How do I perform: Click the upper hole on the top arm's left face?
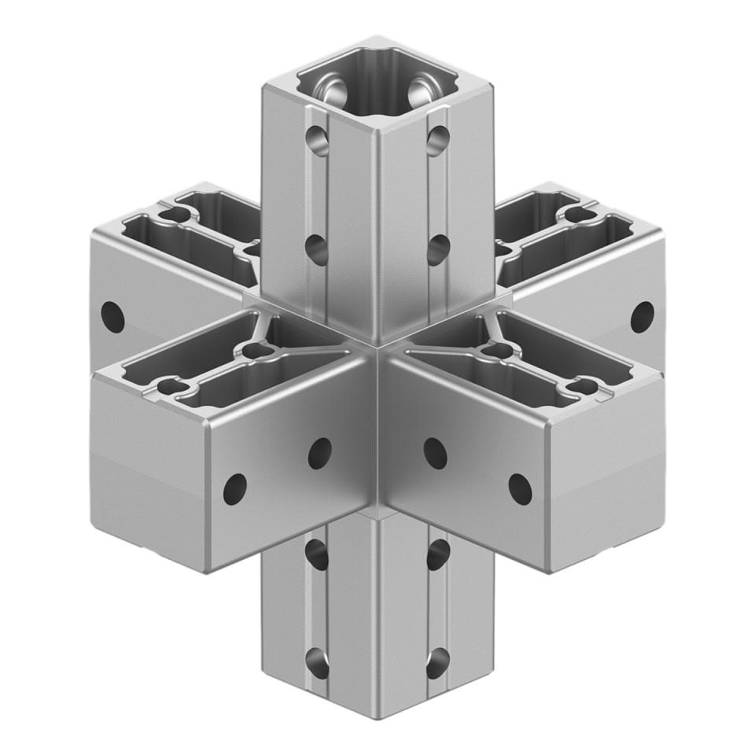click(x=318, y=142)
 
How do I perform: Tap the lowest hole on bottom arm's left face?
click(x=318, y=662)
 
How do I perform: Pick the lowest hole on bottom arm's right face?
click(x=436, y=662)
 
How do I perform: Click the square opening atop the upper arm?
click(x=377, y=87)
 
